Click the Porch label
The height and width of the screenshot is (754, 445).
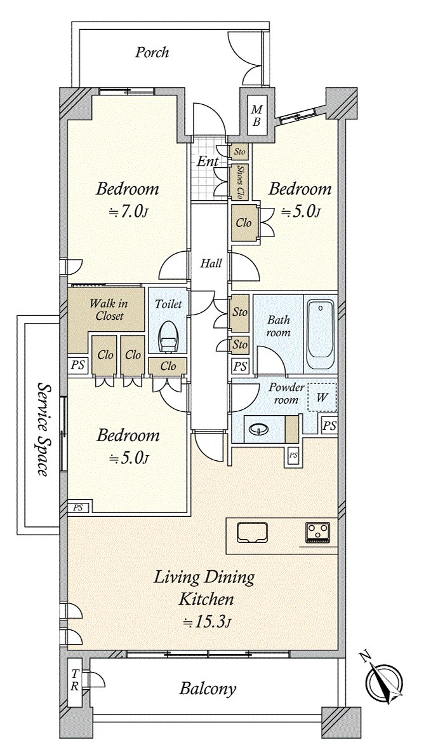[152, 52]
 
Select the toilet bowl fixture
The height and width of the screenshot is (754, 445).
[168, 337]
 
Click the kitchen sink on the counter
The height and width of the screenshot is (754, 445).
[253, 532]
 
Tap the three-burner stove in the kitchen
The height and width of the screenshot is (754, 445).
[317, 531]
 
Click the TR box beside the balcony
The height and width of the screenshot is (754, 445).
[75, 680]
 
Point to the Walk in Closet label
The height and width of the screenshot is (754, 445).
[107, 310]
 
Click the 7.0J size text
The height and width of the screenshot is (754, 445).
[128, 212]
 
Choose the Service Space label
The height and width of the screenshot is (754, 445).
[43, 429]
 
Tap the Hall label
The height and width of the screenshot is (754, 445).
[210, 263]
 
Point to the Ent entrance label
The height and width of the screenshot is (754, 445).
[207, 161]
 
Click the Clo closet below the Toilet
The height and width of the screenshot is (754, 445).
[168, 366]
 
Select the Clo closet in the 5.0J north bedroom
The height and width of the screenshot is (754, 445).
[244, 223]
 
